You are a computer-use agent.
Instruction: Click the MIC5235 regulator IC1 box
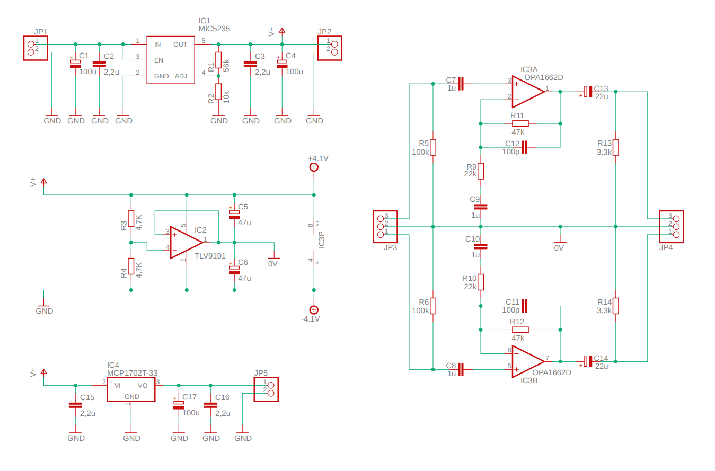(171, 60)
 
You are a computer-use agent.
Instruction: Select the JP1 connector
(36, 48)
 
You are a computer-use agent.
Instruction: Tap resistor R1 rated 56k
(218, 60)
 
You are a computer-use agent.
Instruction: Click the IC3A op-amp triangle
(528, 92)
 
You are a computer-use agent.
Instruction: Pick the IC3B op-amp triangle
(528, 361)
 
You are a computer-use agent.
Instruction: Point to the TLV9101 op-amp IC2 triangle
(187, 243)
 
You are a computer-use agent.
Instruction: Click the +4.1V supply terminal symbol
(314, 167)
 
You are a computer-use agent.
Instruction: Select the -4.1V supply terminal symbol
(314, 310)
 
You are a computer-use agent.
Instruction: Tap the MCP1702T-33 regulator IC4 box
(131, 389)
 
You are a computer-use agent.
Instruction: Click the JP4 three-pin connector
(671, 227)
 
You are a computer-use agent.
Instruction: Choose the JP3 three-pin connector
(385, 227)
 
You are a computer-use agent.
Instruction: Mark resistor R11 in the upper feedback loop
(520, 123)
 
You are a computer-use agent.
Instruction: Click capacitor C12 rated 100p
(524, 147)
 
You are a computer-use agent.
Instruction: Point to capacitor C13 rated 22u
(588, 92)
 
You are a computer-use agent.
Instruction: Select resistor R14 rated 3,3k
(616, 306)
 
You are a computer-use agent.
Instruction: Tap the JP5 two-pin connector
(266, 389)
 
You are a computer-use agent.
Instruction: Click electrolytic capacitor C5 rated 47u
(234, 215)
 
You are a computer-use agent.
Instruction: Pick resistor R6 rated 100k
(433, 306)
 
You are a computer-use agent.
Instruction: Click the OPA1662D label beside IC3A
(544, 77)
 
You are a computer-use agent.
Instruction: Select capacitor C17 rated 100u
(179, 405)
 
